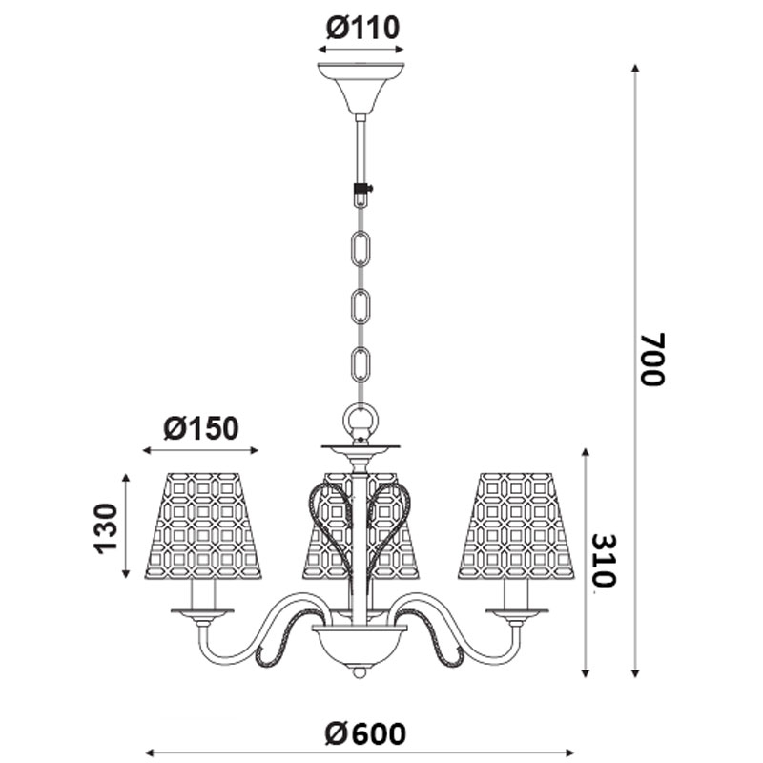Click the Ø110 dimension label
[362, 28]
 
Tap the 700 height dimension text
[651, 360]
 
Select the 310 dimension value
[605, 561]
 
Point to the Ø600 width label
[365, 733]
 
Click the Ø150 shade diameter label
[201, 428]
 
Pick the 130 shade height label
[106, 528]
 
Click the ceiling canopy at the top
[361, 88]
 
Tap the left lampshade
[203, 526]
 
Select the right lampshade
[516, 526]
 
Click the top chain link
[361, 248]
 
